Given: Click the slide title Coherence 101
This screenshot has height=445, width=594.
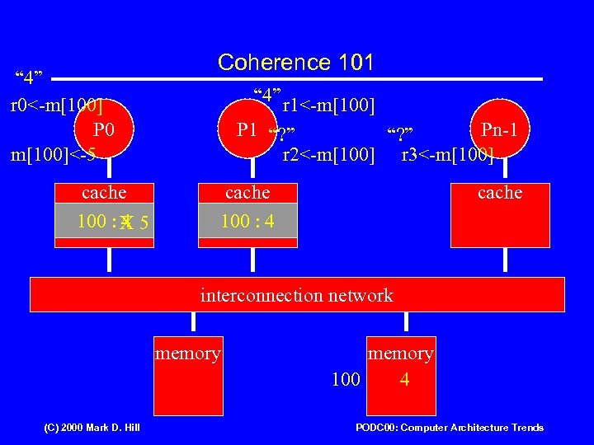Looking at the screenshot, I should tap(295, 63).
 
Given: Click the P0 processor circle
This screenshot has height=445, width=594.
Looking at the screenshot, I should tap(102, 131).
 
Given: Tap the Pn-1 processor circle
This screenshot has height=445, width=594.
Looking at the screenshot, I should tap(500, 129).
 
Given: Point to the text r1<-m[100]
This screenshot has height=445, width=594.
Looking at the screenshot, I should tap(328, 105).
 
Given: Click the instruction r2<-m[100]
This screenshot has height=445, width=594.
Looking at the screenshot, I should tap(328, 155).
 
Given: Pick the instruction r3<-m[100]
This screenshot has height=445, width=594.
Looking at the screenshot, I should tap(447, 155).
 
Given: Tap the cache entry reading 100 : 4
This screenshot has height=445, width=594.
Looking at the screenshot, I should tap(247, 222).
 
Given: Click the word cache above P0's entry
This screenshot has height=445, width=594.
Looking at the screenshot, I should tap(104, 193).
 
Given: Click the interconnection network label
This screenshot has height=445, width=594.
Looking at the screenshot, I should tap(297, 295).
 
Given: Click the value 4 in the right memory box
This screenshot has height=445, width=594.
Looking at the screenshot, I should tap(404, 380).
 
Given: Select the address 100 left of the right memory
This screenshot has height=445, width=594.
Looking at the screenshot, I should tap(346, 380).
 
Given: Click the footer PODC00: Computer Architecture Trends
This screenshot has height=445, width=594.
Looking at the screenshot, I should tap(450, 428).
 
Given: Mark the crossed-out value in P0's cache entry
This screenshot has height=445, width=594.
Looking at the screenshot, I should tap(126, 222).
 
